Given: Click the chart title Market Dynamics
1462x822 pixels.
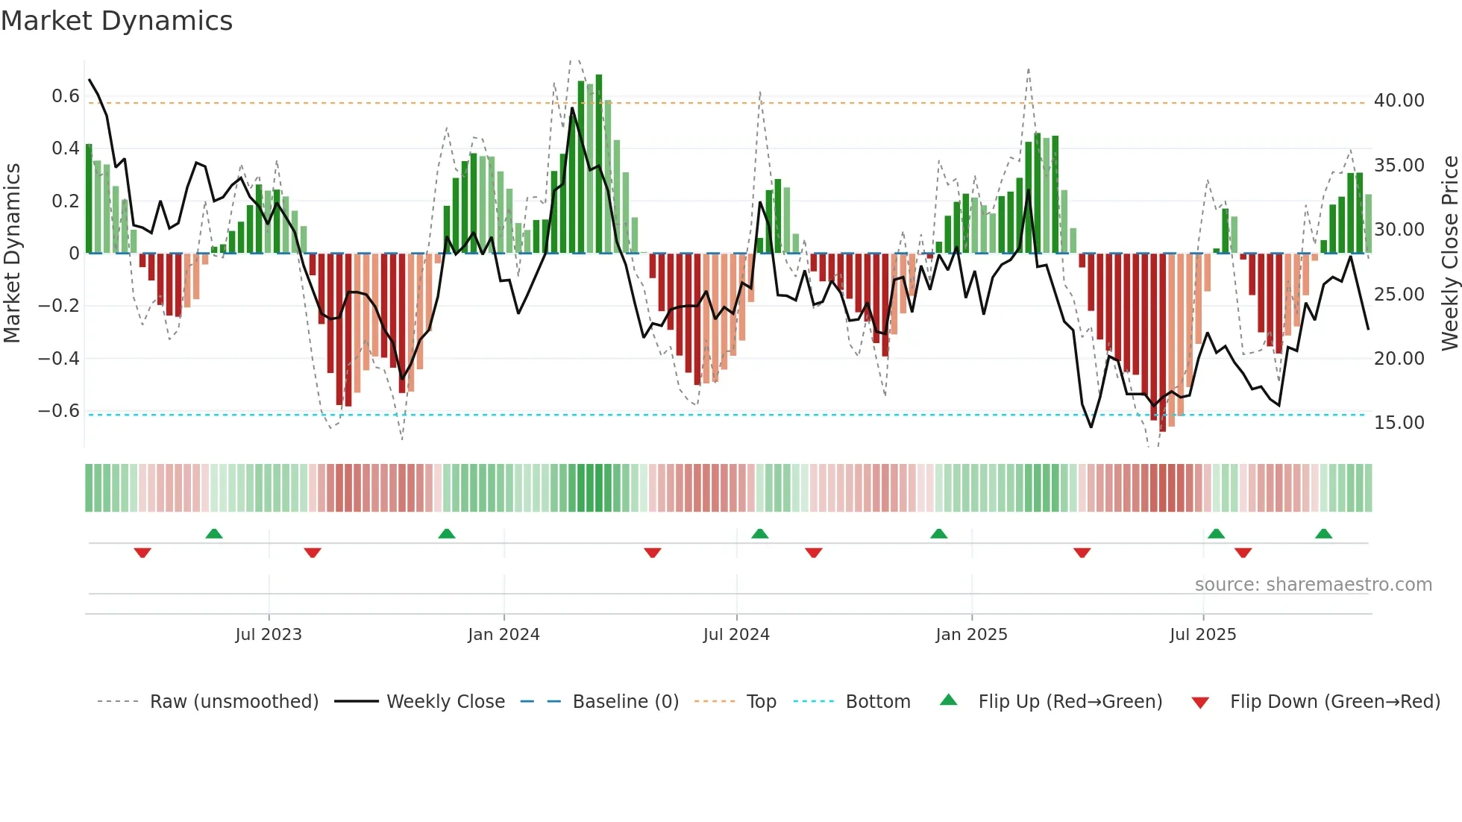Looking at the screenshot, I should point(117,21).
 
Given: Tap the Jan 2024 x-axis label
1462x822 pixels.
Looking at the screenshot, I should point(503,635).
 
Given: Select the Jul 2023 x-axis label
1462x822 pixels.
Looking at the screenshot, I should point(269,635).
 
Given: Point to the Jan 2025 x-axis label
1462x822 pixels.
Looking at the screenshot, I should point(971,635).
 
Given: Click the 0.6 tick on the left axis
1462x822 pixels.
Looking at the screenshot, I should point(66,96).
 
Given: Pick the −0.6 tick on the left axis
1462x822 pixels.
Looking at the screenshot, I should point(59,411).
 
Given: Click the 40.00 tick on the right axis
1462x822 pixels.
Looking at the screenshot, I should point(1399,101).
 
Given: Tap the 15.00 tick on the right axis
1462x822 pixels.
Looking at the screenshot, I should point(1399,423).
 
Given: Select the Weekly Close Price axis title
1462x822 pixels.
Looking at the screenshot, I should point(1449,253).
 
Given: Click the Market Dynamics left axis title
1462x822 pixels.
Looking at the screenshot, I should point(12,253).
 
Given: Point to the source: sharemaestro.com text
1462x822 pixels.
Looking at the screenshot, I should point(1313,585).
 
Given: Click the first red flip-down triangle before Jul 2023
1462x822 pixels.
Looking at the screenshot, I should point(142,553).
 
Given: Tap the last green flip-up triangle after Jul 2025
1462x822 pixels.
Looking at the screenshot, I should point(1323,533).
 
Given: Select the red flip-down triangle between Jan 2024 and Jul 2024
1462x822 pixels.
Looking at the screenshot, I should point(652,553).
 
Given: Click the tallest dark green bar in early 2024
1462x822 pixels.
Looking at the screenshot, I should point(599,164).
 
